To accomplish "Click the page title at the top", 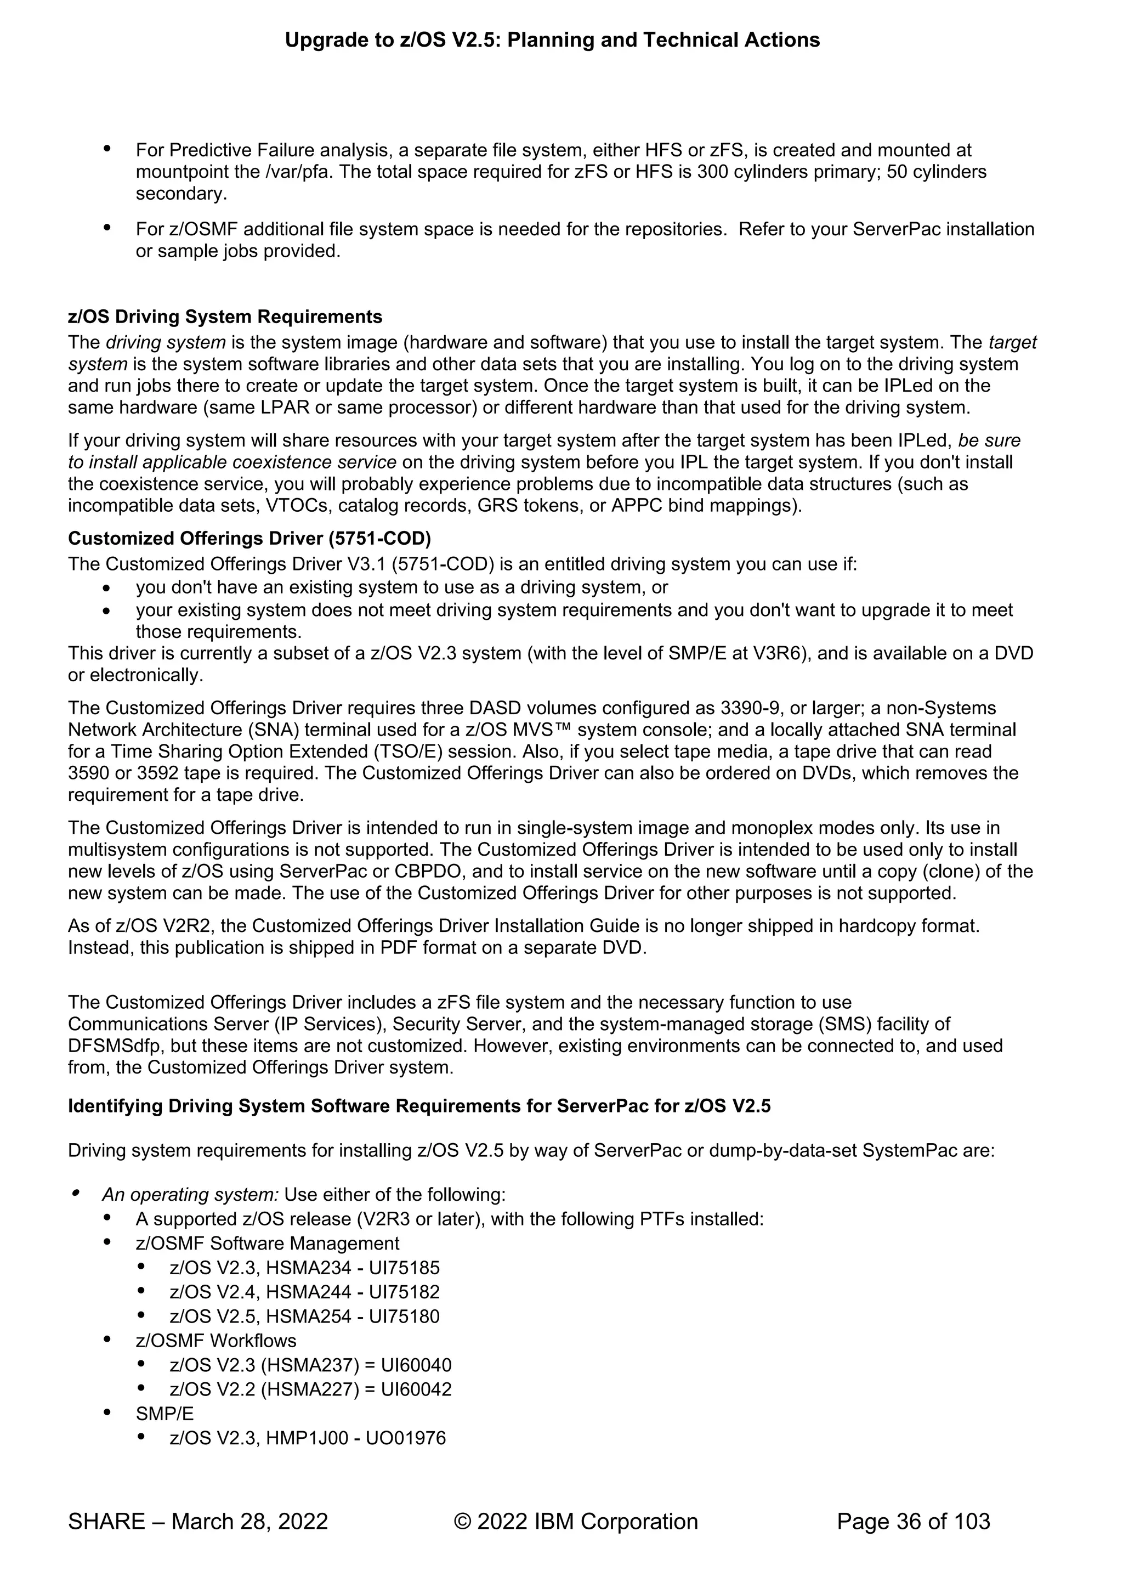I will (x=552, y=40).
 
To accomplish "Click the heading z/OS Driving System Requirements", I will (x=225, y=317).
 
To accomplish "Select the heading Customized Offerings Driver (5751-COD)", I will (x=249, y=538).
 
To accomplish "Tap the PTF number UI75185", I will (x=404, y=1268).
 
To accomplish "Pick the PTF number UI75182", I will (x=404, y=1292).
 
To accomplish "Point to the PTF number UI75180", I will (x=404, y=1316).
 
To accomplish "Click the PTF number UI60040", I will (x=416, y=1365).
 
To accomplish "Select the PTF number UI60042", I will (x=416, y=1389).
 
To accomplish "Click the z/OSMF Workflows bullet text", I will (x=215, y=1341).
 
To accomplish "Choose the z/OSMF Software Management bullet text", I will (x=268, y=1243).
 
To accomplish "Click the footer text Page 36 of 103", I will (x=913, y=1521).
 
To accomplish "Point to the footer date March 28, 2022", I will (x=249, y=1521).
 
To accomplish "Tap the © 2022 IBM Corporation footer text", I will (x=575, y=1521).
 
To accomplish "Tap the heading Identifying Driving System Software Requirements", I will (x=418, y=1106).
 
